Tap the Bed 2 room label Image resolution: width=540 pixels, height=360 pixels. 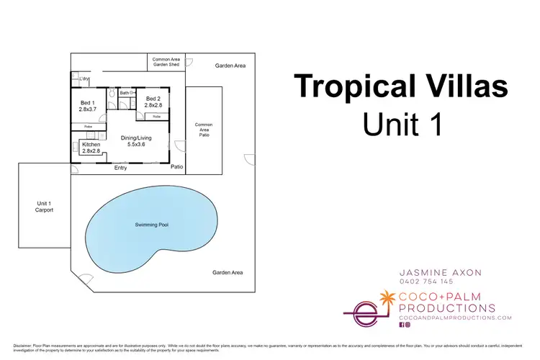(x=153, y=102)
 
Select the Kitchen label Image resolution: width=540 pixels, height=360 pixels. (x=91, y=148)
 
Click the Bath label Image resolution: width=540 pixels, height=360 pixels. (x=125, y=93)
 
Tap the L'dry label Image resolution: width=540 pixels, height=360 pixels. (x=84, y=78)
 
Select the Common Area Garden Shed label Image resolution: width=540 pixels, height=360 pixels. (x=166, y=62)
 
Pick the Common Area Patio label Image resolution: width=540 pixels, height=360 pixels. (x=204, y=129)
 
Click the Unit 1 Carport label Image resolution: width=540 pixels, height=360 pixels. (x=44, y=207)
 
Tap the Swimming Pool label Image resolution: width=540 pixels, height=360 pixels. (x=152, y=225)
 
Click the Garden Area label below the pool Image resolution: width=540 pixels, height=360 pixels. (x=228, y=272)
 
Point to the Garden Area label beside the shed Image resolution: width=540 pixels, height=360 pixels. (x=230, y=66)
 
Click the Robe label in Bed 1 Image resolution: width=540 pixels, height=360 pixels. (x=88, y=127)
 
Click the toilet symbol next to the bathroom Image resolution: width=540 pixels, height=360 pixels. (x=112, y=94)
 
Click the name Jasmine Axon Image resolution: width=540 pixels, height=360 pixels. (x=440, y=272)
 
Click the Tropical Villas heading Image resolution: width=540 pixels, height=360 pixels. (x=401, y=88)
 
